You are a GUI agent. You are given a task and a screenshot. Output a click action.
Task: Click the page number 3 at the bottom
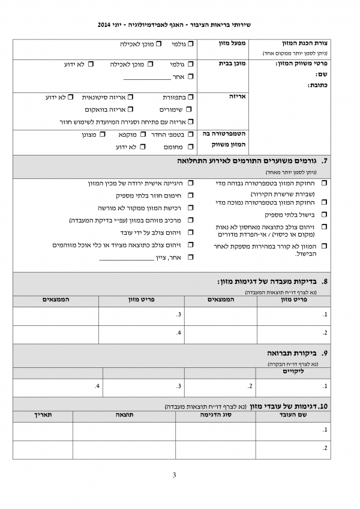pyautogui.click(x=174, y=476)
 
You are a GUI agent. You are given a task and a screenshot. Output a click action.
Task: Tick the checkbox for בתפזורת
pyautogui.click(x=190, y=97)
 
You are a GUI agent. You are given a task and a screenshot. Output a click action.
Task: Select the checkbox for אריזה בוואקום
pyautogui.click(x=131, y=109)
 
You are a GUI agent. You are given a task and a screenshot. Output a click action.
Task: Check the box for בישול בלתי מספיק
pyautogui.click(x=325, y=214)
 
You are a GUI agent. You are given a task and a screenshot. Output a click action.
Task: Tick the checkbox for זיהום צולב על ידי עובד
pyautogui.click(x=190, y=232)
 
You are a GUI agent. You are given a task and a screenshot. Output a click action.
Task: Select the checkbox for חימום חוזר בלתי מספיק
pyautogui.click(x=190, y=195)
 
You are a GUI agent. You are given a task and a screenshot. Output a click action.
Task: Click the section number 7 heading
pyautogui.click(x=325, y=161)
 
